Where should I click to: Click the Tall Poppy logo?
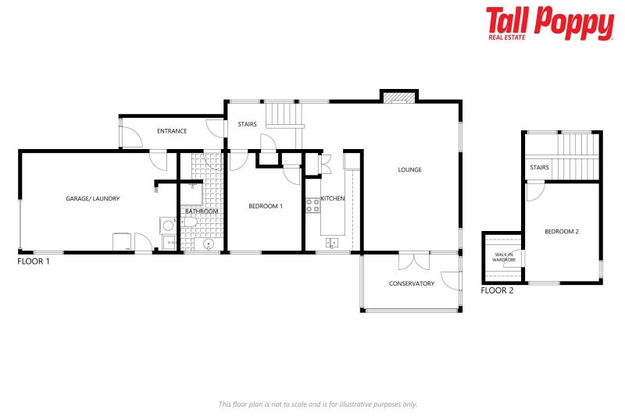(549, 23)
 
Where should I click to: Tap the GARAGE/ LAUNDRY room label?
(92, 199)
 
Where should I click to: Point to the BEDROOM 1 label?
(265, 206)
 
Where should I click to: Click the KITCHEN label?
(332, 199)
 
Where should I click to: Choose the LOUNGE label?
(409, 169)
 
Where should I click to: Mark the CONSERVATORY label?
(411, 283)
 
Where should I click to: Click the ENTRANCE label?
(172, 131)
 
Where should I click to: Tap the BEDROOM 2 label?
(562, 232)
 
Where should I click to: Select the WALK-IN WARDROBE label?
(504, 257)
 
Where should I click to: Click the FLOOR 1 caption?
(34, 261)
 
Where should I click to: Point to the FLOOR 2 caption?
(497, 290)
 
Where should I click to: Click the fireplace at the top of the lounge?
(399, 97)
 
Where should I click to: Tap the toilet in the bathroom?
(189, 222)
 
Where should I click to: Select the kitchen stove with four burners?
(312, 206)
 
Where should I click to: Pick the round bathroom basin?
(209, 244)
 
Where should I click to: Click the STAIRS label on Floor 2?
(539, 167)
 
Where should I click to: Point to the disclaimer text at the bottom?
(317, 404)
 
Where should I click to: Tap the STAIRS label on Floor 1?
(247, 124)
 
